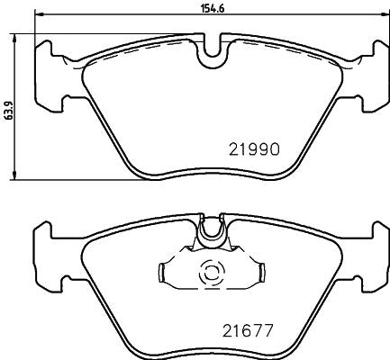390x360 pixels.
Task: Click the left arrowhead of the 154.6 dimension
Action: [39, 16]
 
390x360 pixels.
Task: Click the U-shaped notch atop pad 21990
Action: [212, 52]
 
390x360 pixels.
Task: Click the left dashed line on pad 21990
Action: [135, 50]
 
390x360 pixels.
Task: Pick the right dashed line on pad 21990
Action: [288, 50]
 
